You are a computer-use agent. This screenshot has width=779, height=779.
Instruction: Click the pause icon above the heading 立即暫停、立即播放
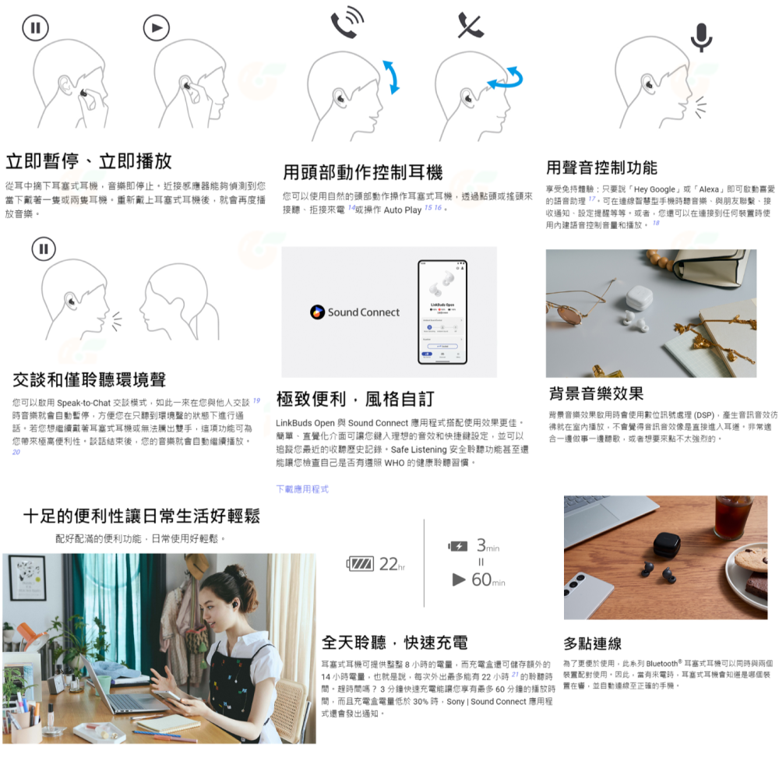[34, 29]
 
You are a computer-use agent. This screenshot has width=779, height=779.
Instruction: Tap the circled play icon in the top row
[156, 29]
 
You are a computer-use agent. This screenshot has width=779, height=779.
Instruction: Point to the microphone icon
[701, 36]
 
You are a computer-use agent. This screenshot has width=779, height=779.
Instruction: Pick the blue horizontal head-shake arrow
[504, 76]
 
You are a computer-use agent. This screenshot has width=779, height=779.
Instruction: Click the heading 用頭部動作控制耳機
[362, 172]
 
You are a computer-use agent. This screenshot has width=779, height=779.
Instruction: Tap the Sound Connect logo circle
[316, 312]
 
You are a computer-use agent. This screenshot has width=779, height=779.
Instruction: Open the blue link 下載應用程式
[302, 489]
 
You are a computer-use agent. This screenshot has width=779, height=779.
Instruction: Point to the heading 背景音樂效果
[596, 393]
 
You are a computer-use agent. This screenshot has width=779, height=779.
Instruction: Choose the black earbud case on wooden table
[666, 543]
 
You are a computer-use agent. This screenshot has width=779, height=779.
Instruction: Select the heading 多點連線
[592, 643]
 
